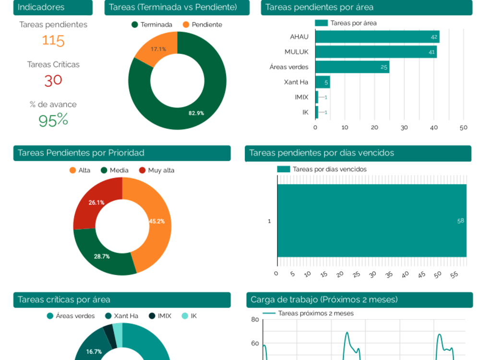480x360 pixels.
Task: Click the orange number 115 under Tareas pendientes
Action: (x=53, y=41)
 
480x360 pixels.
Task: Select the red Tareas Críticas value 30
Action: (x=53, y=80)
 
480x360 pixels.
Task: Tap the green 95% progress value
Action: (x=53, y=120)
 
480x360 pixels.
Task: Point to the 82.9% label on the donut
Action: (x=196, y=113)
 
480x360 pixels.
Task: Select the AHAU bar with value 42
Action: (x=377, y=37)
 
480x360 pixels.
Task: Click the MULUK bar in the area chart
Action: (x=375, y=52)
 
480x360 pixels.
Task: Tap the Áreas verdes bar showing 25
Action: (x=352, y=67)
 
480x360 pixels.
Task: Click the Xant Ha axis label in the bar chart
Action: (x=296, y=82)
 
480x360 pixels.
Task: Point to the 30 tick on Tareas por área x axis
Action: (x=404, y=128)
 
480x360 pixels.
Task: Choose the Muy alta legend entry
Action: (x=156, y=170)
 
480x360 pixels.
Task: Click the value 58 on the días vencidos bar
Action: (x=460, y=221)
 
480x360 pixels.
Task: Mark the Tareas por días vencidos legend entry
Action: (x=322, y=169)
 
